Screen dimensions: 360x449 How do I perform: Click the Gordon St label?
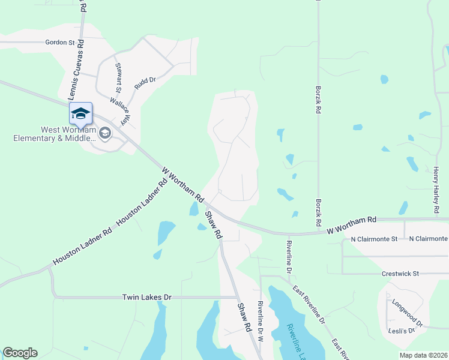click(59, 43)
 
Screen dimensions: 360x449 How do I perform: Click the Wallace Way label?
click(118, 111)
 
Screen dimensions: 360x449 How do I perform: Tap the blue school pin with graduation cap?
click(80, 113)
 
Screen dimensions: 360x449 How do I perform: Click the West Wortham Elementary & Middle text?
click(54, 134)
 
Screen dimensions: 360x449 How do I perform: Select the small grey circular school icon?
click(106, 133)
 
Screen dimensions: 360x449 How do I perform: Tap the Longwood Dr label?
click(407, 312)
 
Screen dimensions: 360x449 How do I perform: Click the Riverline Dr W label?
click(261, 321)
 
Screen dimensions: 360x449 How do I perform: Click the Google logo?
click(20, 353)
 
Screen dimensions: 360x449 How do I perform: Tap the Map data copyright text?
click(423, 355)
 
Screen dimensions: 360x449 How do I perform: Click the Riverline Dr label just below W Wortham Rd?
click(289, 257)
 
